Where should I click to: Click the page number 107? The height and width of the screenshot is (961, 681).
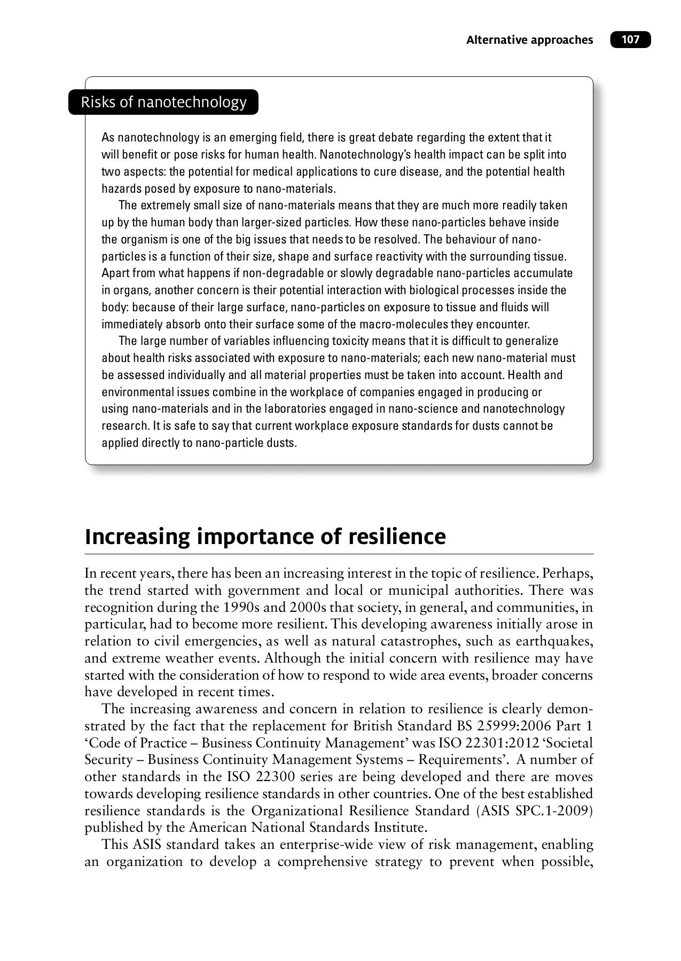point(630,40)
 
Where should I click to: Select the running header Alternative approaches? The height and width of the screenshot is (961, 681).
point(529,40)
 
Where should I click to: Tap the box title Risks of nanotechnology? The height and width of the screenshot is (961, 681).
point(163,102)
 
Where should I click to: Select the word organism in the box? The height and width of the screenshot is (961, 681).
point(137,239)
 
